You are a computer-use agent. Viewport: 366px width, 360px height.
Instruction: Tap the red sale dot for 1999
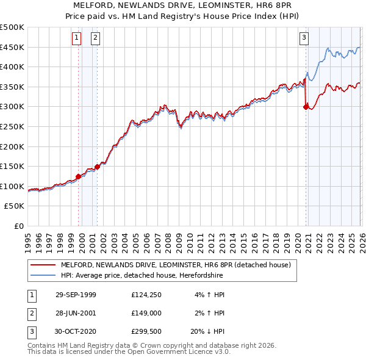(x=79, y=176)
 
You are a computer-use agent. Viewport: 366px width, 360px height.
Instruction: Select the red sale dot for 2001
(x=98, y=167)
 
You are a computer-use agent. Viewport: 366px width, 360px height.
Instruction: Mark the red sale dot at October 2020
(x=306, y=107)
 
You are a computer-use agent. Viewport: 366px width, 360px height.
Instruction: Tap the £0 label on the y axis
(x=19, y=226)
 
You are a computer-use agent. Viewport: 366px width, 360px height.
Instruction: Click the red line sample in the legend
(x=43, y=265)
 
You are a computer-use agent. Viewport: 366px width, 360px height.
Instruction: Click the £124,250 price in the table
(x=145, y=295)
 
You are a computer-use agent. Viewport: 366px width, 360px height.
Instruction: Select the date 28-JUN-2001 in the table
(x=76, y=313)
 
